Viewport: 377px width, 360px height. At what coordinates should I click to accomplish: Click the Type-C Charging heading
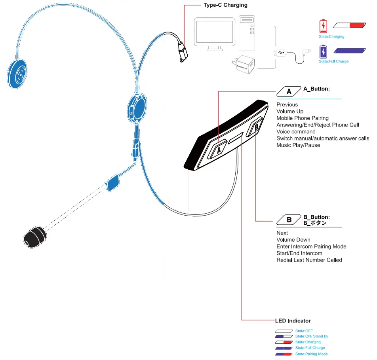(225, 5)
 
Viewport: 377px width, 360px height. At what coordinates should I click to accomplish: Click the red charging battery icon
(324, 26)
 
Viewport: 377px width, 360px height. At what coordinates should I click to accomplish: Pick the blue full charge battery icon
(324, 51)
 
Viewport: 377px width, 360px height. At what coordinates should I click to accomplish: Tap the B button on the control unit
(256, 127)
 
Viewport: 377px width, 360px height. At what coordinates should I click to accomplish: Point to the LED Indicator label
(293, 321)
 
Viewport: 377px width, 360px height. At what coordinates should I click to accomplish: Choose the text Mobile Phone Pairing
(303, 118)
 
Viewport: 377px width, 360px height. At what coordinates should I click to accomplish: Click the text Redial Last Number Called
(309, 260)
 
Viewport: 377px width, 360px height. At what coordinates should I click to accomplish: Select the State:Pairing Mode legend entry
(311, 354)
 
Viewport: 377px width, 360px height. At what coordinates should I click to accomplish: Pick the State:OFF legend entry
(304, 331)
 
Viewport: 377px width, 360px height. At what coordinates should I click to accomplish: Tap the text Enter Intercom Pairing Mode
(311, 246)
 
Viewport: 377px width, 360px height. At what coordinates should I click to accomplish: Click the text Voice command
(296, 131)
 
